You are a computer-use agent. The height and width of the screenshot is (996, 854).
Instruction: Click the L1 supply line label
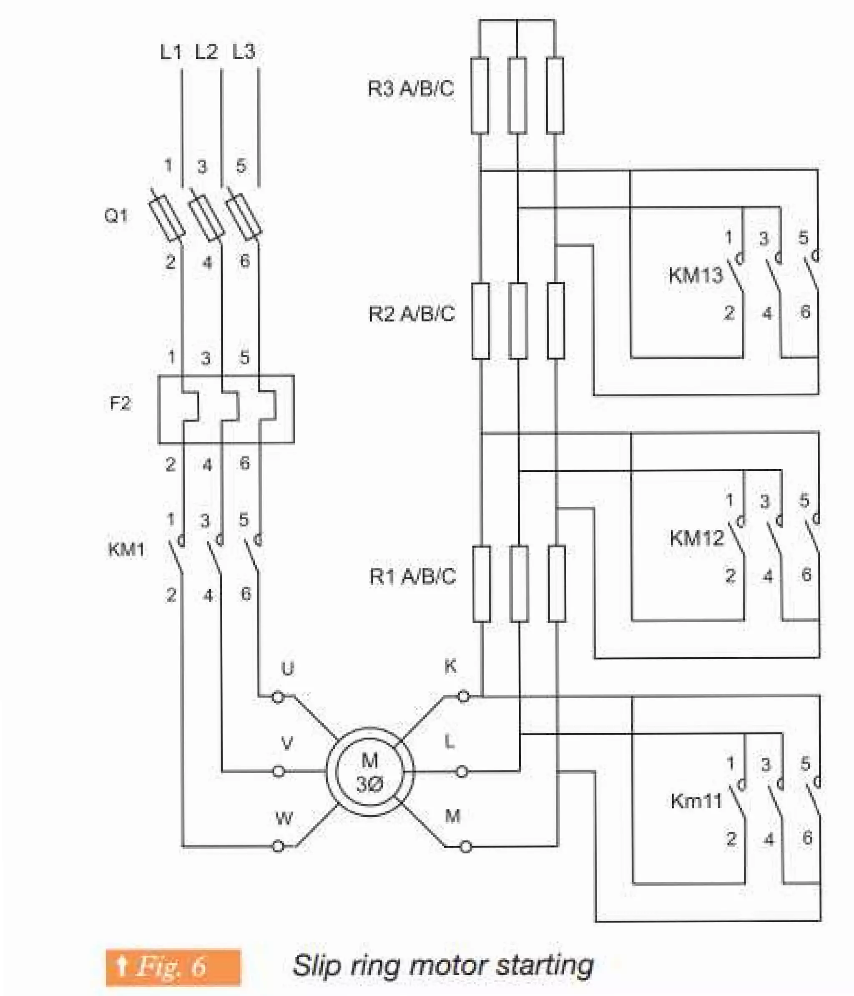171,52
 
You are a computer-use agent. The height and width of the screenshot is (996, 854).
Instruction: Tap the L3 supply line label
243,52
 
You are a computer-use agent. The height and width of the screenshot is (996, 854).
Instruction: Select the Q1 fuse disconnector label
116,216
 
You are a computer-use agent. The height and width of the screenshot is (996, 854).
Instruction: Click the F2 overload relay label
120,403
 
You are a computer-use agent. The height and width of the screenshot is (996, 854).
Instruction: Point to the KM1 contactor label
126,549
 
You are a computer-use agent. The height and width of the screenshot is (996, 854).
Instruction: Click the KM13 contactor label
696,275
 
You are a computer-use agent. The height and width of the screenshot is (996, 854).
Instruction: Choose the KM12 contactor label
696,538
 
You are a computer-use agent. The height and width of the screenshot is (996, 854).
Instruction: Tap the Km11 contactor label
696,801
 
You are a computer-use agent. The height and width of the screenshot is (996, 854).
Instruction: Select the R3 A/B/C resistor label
411,89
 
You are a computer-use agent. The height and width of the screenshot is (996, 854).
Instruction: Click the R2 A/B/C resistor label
412,314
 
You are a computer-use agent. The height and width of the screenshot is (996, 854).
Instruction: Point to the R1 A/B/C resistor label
412,576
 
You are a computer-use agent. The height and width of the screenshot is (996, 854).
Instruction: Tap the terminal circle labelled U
278,697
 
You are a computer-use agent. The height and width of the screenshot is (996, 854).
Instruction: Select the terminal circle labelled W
278,847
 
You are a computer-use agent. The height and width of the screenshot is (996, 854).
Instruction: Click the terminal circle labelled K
463,696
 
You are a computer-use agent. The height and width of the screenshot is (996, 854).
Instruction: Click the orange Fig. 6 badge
173,967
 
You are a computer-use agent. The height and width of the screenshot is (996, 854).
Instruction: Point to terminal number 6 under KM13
806,312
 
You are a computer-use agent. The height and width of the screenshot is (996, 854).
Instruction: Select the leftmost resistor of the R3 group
480,95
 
